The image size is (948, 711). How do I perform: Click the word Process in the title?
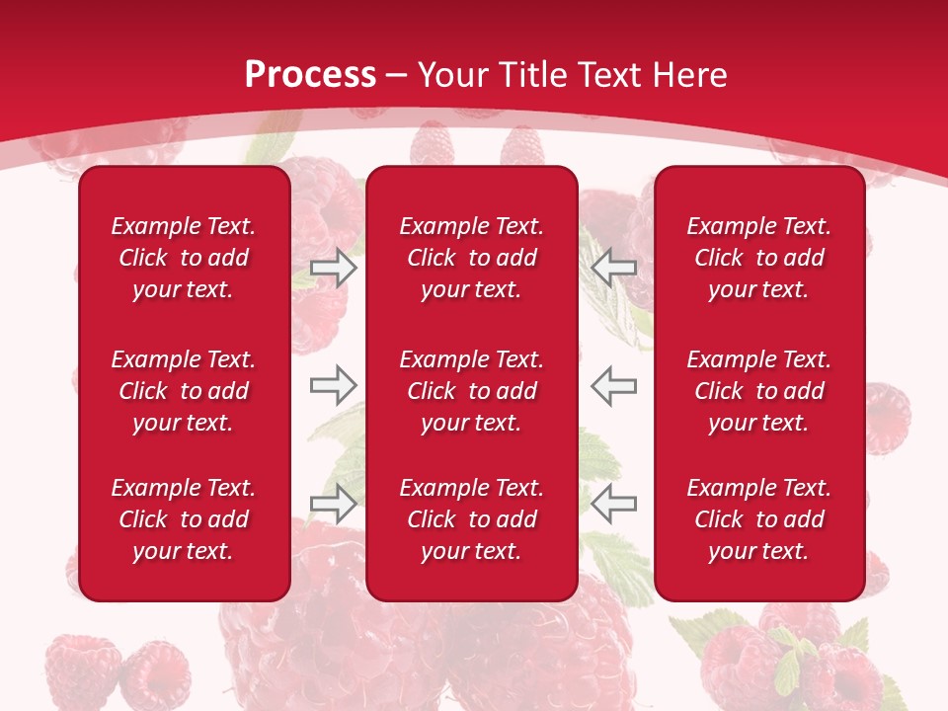click(x=310, y=75)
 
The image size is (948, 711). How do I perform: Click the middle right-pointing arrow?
click(x=333, y=385)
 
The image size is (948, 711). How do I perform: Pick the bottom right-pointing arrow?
click(x=333, y=503)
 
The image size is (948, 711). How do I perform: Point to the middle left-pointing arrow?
click(x=613, y=385)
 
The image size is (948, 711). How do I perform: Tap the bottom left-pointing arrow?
click(x=613, y=503)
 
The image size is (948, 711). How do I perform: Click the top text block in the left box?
click(x=184, y=258)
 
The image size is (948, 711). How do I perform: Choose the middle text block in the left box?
click(x=184, y=391)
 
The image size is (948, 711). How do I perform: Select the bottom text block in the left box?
click(x=184, y=519)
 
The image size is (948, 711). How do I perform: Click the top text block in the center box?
click(x=471, y=258)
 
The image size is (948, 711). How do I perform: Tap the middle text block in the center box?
click(x=471, y=391)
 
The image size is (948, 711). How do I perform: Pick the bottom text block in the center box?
click(x=471, y=519)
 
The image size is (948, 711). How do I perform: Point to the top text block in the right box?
click(x=758, y=258)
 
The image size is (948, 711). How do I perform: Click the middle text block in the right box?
click(x=758, y=391)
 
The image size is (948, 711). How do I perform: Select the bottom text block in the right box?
click(x=758, y=519)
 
